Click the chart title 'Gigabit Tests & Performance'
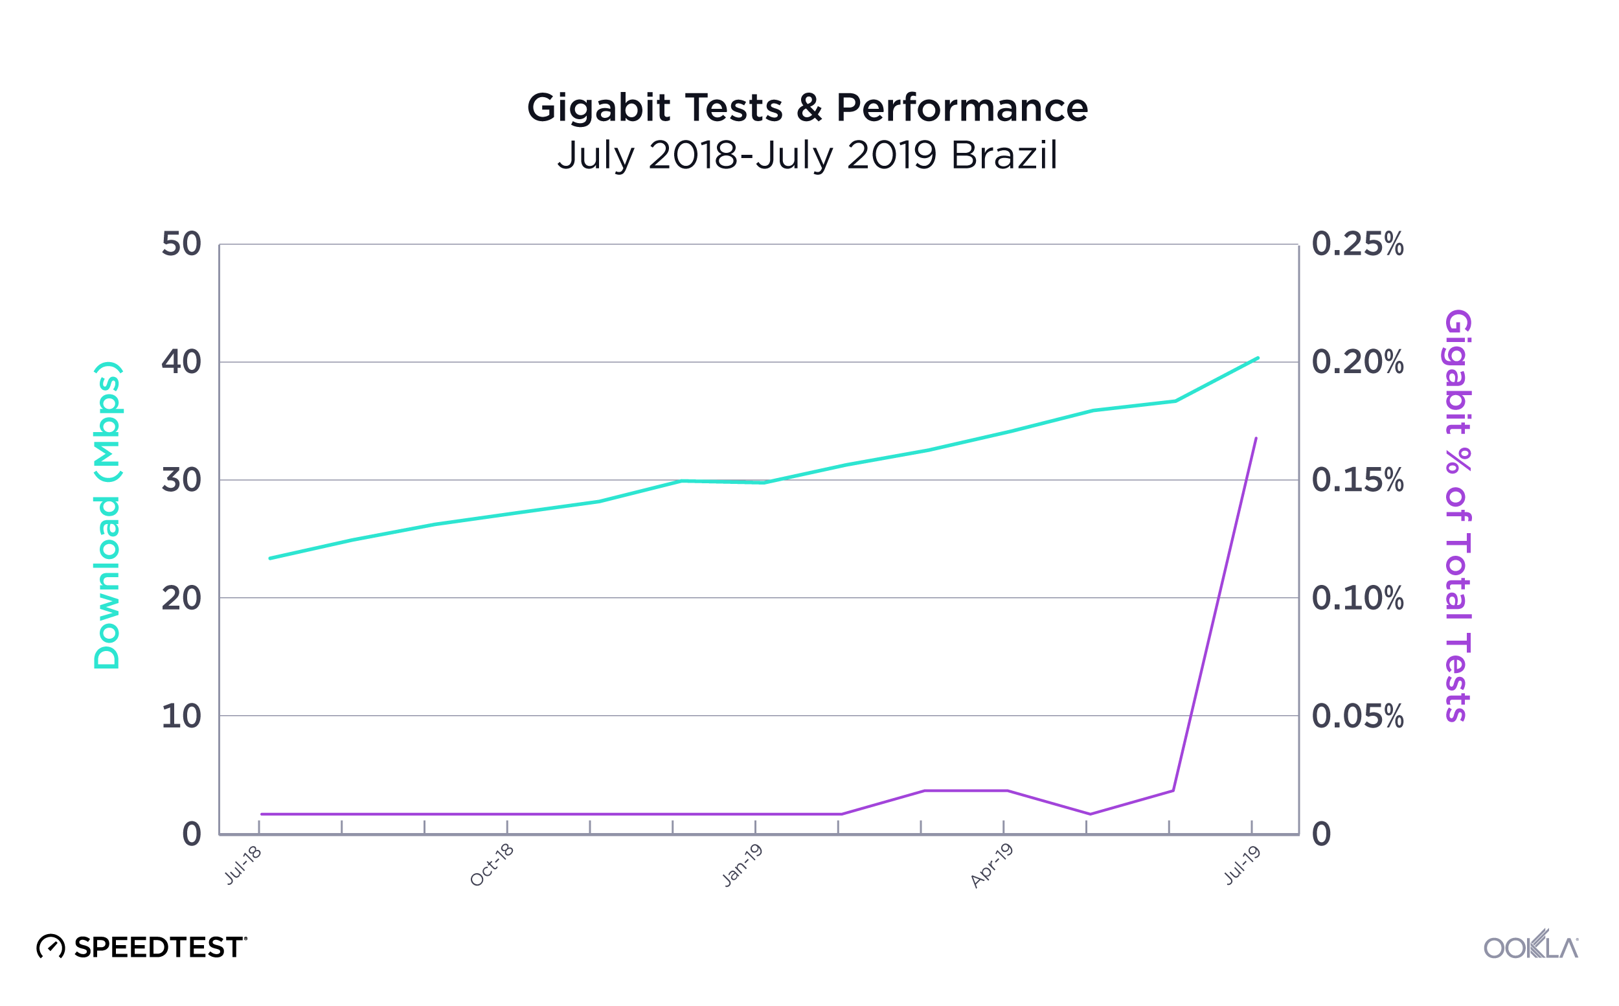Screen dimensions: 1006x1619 pos(808,108)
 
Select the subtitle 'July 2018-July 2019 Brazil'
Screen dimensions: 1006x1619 pos(808,155)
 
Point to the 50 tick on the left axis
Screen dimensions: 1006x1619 pos(181,244)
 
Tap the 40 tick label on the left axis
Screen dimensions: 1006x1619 pos(181,363)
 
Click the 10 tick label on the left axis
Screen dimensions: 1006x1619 pos(181,716)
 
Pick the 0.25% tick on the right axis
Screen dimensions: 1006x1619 pos(1357,244)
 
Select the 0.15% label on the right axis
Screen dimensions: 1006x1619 pos(1357,481)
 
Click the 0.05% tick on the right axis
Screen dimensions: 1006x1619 pos(1357,716)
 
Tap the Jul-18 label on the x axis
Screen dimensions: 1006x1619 pos(243,865)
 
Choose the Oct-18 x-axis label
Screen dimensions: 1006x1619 pos(492,865)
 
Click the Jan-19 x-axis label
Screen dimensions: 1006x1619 pos(742,865)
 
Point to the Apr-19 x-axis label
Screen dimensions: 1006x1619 pos(991,865)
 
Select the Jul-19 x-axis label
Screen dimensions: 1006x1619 pos(1243,865)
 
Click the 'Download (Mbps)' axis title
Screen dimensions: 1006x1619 pos(107,516)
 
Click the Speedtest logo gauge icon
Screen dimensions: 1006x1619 pos(51,948)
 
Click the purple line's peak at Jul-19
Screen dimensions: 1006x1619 pos(1256,439)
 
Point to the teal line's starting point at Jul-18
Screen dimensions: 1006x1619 pos(270,558)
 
